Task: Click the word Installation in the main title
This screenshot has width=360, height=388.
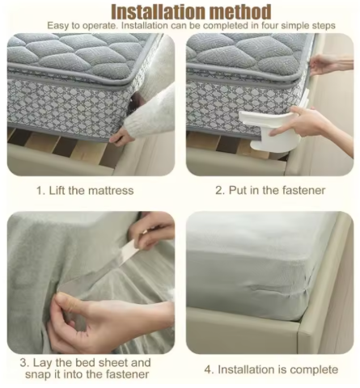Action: pos(159,12)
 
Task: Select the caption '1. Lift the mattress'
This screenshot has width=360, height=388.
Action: pos(85,191)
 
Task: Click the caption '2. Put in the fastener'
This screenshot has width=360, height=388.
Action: pos(270,190)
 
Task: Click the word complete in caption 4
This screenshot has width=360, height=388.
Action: pos(314,369)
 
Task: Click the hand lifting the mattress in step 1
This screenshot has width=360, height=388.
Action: pos(121,137)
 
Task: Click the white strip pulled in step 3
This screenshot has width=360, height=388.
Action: pos(125,253)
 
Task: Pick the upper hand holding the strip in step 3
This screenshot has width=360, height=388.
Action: pos(151,232)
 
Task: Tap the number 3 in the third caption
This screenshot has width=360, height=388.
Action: pos(23,363)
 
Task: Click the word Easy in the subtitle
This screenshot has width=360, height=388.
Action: pos(58,26)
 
